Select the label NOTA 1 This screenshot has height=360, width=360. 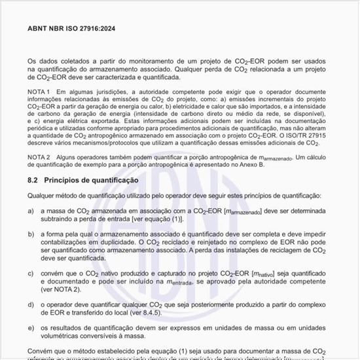click(x=39, y=92)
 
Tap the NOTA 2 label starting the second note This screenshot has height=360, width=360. click(x=39, y=157)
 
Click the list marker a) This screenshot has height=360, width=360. click(x=31, y=211)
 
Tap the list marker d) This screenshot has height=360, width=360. click(x=31, y=305)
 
